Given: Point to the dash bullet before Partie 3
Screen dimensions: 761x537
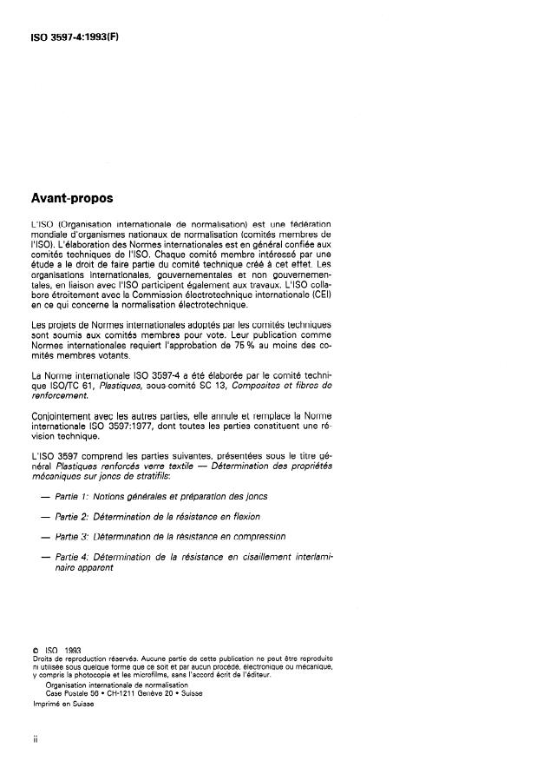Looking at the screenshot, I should click(44, 538).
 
